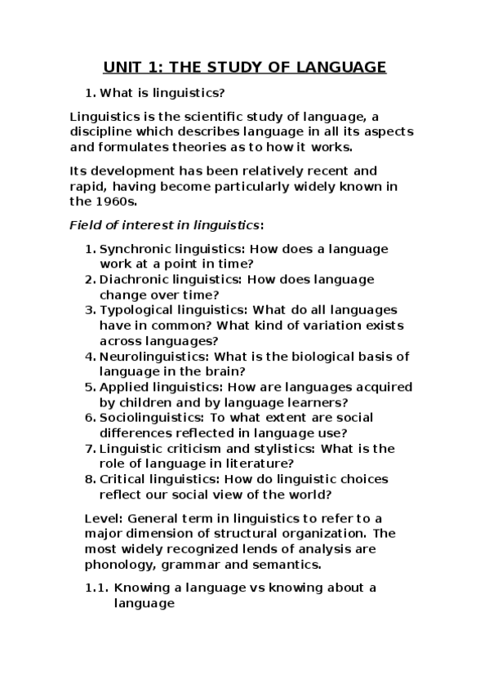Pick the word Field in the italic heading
click(86, 224)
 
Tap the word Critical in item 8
click(122, 478)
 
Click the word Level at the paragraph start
click(102, 518)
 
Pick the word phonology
click(115, 564)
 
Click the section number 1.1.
click(96, 588)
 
